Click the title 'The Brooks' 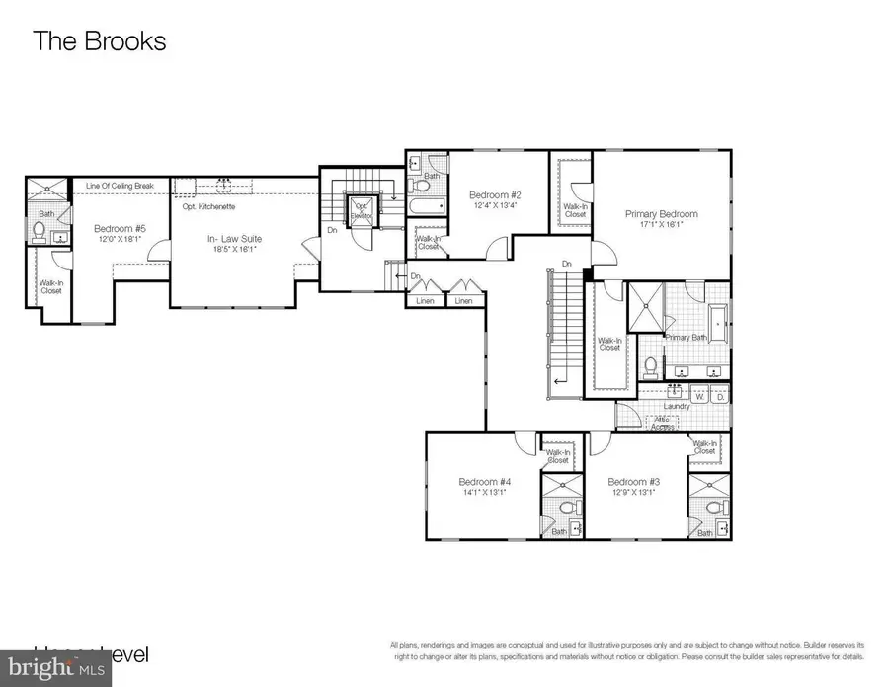pos(100,41)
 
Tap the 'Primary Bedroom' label pos(661,214)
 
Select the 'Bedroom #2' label pos(494,194)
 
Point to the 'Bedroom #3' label pos(633,482)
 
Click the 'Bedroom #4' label pos(482,482)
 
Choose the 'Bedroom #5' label pos(119,228)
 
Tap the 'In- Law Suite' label pos(233,239)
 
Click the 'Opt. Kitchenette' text pos(208,206)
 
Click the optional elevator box pos(359,210)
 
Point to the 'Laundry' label pos(676,405)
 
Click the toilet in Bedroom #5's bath pos(40,231)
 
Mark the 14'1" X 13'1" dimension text pos(482,493)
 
